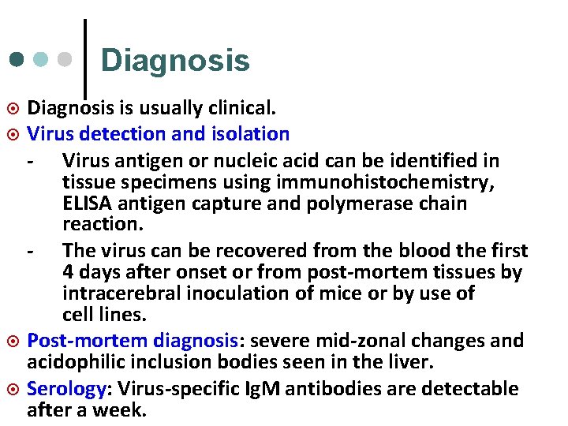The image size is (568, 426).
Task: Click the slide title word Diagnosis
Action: (175, 61)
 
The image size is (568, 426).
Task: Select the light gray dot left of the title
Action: (67, 60)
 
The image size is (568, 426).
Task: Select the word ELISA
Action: (86, 203)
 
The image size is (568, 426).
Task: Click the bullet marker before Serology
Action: (13, 388)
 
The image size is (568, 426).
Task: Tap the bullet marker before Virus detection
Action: (13, 134)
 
